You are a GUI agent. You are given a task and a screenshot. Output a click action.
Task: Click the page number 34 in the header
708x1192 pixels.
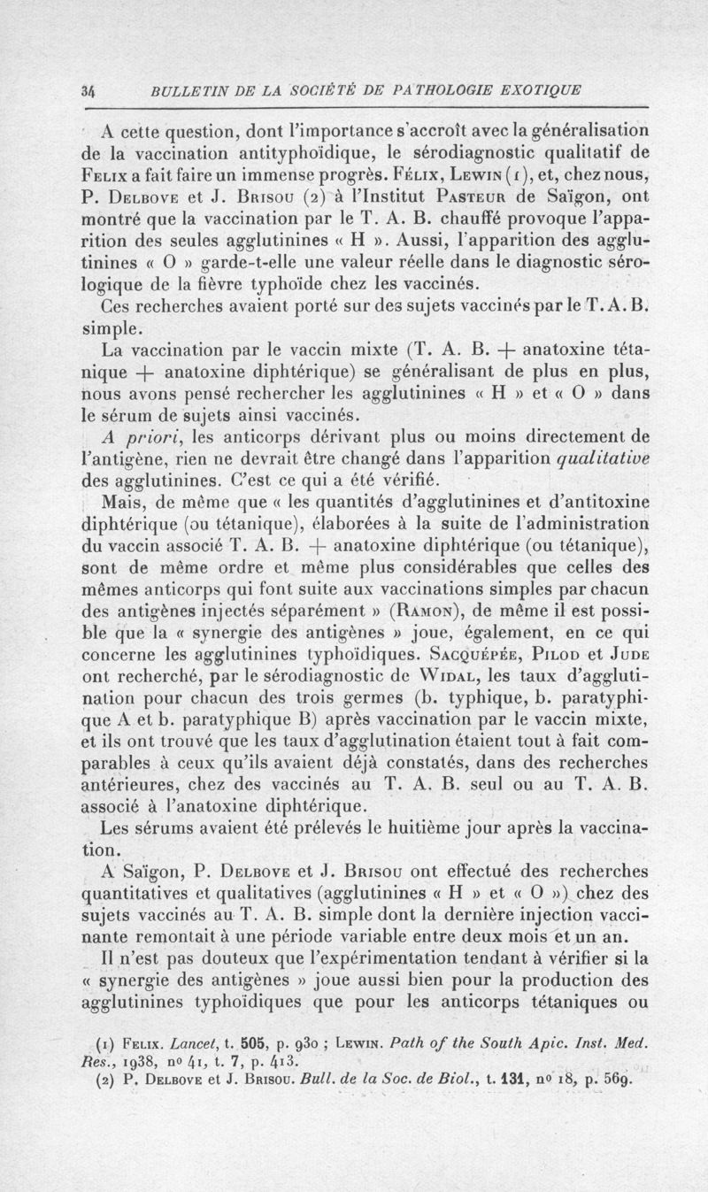click(x=87, y=89)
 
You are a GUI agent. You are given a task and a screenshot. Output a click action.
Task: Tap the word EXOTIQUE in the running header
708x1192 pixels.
click(x=528, y=89)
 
